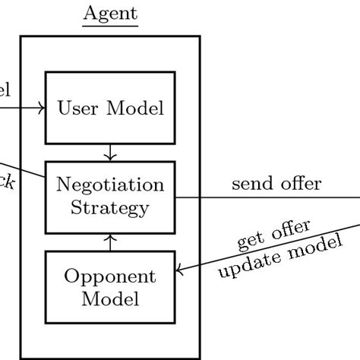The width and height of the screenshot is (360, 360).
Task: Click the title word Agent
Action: pos(110,13)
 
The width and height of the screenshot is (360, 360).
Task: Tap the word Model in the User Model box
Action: pos(137,108)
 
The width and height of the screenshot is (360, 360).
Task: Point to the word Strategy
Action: pos(110,207)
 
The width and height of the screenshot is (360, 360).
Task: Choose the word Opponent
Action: pos(111,276)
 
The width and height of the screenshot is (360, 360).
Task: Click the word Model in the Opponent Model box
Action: pos(111,298)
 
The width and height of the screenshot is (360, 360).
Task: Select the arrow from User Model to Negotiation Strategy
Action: pos(111,152)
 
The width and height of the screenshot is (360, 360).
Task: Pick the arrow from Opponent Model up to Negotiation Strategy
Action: pos(111,242)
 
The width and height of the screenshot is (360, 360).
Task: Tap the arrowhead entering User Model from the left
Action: pos(42,108)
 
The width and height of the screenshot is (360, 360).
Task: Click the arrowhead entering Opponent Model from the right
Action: pos(181,270)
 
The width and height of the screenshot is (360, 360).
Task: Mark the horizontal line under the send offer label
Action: pos(266,198)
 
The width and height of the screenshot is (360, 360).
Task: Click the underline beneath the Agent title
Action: pos(110,26)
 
